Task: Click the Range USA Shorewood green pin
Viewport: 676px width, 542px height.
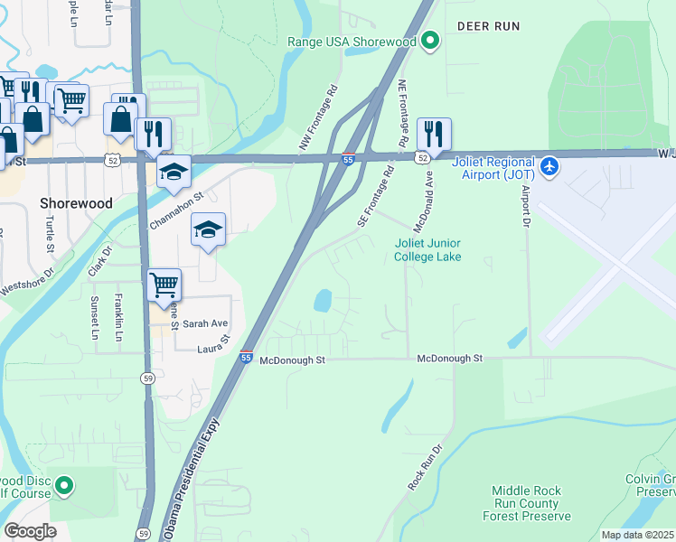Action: tap(431, 42)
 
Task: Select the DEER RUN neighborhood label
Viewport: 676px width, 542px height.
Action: tap(488, 26)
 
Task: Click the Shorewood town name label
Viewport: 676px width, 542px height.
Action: tap(76, 203)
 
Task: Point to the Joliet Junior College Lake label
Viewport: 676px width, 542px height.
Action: tap(427, 250)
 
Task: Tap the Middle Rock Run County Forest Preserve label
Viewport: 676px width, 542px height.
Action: tap(526, 503)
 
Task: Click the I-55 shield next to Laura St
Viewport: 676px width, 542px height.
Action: tap(247, 358)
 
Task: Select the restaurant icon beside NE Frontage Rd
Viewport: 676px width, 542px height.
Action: tap(434, 134)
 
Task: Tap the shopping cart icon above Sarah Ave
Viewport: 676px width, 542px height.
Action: tap(164, 285)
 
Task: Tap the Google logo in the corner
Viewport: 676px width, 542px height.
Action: tap(30, 531)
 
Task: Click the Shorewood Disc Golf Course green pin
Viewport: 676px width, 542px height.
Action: tap(64, 487)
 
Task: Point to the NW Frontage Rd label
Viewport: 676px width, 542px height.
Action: tap(318, 118)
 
